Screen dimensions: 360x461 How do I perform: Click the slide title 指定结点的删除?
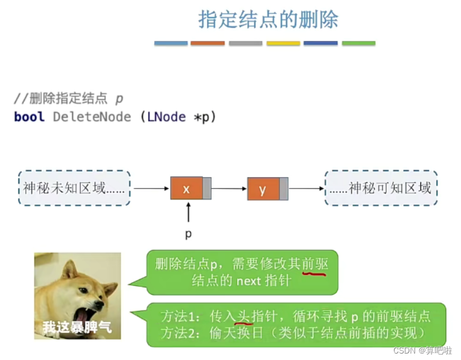[268, 20]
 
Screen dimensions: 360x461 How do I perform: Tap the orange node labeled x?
[186, 188]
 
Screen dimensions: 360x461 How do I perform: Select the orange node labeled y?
[263, 189]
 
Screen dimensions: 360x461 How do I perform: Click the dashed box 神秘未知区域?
[74, 188]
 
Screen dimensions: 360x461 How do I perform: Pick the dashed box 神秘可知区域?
[381, 188]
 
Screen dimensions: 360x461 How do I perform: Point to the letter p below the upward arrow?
[188, 234]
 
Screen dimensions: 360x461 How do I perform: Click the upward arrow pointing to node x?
[188, 212]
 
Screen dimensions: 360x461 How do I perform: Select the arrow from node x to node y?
[229, 189]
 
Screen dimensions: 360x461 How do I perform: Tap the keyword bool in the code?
[29, 116]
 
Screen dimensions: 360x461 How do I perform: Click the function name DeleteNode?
[92, 116]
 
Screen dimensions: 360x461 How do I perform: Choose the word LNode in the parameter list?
[167, 116]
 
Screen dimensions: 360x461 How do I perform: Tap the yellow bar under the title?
[283, 44]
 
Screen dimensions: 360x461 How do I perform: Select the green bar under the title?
[359, 44]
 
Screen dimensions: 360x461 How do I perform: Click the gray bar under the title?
[245, 44]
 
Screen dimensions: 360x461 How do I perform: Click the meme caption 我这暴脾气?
[77, 327]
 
